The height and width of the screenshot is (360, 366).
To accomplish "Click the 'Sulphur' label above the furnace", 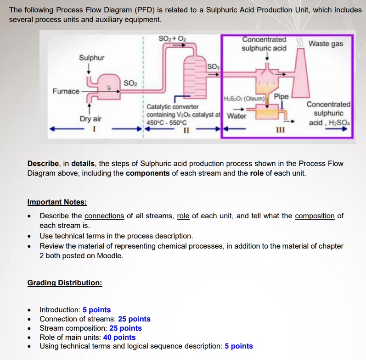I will coord(91,58).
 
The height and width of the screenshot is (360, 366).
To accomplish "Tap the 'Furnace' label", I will coord(65,91).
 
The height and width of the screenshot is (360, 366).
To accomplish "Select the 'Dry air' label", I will coord(90,119).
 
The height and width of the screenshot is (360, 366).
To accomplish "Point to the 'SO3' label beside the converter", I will coord(214,67).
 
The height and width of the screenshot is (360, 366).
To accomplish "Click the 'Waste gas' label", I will coord(326,44).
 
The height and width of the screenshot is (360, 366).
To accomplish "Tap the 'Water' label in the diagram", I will coord(236,116).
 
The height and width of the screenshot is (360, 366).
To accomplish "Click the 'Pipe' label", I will coord(281,97).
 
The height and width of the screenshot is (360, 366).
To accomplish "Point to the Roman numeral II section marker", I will coord(186,130).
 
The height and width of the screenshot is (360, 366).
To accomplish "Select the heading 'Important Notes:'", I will coord(57,202).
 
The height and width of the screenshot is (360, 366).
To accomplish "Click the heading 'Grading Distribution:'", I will coord(65,282).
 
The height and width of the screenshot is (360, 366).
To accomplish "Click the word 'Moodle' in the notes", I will coord(110,255).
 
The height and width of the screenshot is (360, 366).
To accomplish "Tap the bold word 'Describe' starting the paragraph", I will coord(43,164).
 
